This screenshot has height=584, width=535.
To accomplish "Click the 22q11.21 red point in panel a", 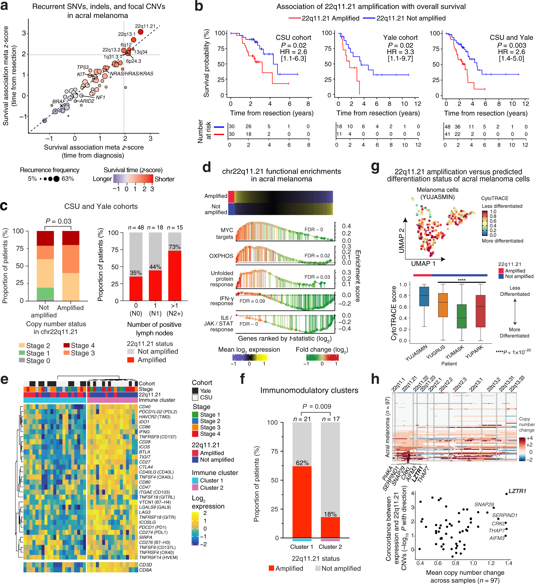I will coord(141,32).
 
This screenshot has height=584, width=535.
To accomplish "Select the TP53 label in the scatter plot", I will coord(83,67).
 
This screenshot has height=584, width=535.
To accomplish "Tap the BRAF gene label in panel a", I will coord(59,101).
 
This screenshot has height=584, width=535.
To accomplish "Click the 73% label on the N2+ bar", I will coord(174,247).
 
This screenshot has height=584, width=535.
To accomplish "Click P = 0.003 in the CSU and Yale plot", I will coord(512,45).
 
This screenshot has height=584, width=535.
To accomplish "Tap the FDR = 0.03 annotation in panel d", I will coord(317,277).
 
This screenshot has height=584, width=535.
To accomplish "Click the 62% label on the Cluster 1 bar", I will coord(302,463).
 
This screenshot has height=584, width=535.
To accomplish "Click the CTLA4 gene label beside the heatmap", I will coord(146,467).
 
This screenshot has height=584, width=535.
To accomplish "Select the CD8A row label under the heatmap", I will coord(145,570).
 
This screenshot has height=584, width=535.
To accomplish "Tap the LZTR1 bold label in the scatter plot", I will coord(517,491).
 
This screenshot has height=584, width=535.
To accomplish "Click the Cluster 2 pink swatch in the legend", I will coord(195,487).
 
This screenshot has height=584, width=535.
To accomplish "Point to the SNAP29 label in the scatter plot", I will coord(484,504).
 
